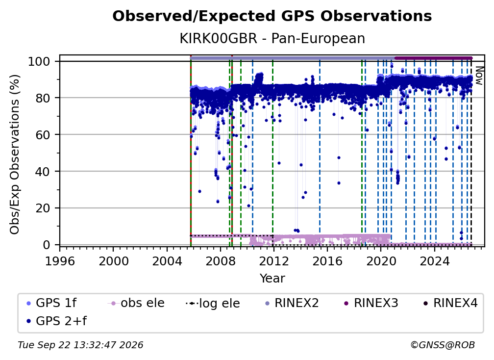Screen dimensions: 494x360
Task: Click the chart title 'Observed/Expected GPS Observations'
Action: coord(272,16)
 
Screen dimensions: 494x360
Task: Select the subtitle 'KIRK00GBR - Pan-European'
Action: coord(272,39)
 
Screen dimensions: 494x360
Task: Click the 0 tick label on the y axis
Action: coord(47,245)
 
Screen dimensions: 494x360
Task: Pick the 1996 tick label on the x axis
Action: coord(60,261)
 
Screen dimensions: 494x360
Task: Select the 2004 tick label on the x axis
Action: coord(167,261)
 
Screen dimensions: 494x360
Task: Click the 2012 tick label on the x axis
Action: coord(274,261)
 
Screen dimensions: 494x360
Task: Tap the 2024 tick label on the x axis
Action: coord(434,261)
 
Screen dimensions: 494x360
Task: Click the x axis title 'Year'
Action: coord(272,279)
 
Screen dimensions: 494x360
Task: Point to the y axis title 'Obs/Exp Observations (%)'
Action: coord(15,154)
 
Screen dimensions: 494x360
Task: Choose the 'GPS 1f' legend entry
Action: coord(51,303)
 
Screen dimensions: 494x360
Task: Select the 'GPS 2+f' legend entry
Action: coord(56,321)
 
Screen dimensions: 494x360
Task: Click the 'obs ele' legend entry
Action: coord(136,303)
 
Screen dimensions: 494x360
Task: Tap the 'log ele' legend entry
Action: coord(213,304)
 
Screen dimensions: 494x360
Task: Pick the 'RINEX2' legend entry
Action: coord(292,303)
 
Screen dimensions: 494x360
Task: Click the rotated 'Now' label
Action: coord(479,76)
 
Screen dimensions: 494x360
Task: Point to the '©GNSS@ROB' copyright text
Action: coord(443,345)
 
